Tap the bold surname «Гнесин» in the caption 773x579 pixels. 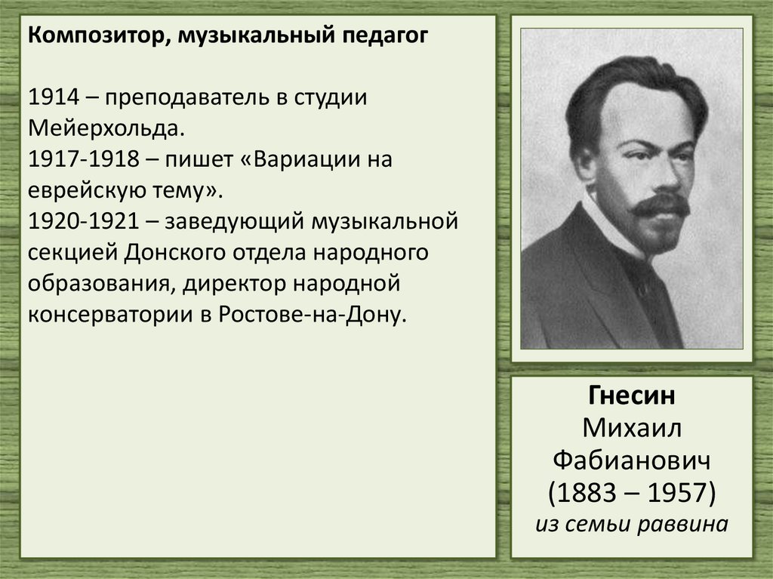[632, 396]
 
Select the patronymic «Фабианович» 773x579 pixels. [632, 459]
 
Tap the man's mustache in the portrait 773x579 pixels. [659, 205]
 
